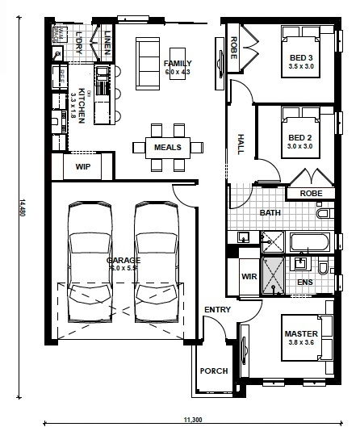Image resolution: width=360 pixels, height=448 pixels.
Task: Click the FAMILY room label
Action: coord(177,63)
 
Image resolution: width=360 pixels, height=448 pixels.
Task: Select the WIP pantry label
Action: coord(82,167)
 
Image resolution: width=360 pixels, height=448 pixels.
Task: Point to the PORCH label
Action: coord(215,371)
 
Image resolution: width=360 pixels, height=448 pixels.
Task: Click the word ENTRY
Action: coord(217,310)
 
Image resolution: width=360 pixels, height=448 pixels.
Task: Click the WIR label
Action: coord(249,277)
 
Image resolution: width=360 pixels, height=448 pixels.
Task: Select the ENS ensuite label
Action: coord(304,283)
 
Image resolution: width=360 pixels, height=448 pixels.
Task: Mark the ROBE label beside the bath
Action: coord(311,194)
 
